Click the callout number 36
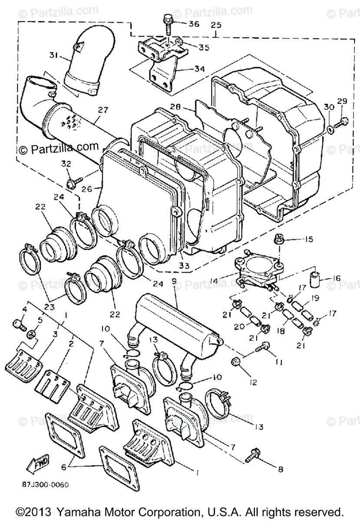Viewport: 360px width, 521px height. [193, 24]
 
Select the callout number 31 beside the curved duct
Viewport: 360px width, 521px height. [53, 55]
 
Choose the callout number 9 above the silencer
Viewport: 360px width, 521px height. [174, 281]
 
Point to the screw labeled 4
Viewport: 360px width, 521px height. [17, 323]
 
